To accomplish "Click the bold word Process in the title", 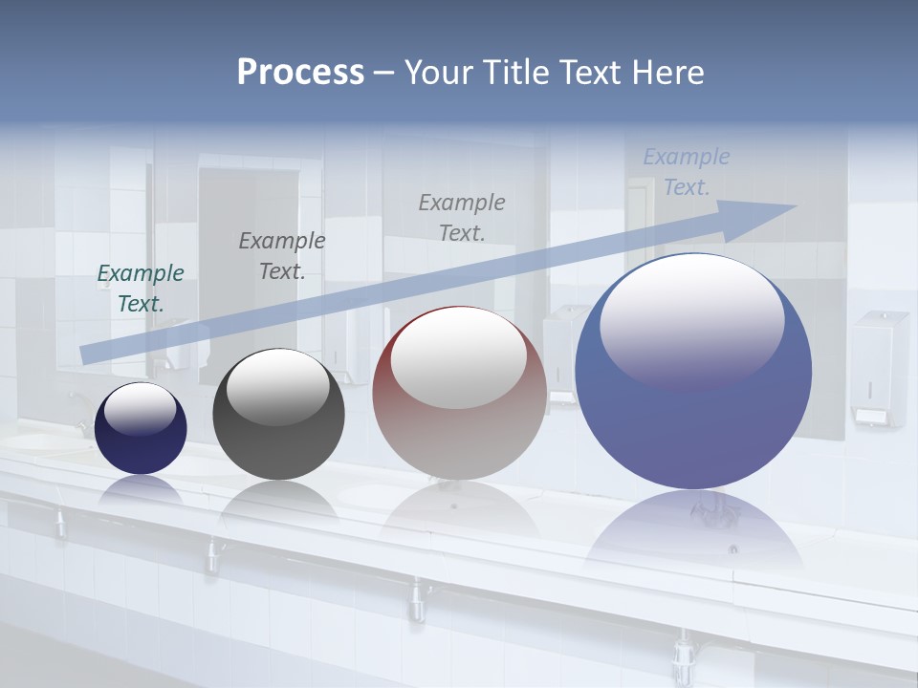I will pos(300,72).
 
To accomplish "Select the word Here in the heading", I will pos(667,72).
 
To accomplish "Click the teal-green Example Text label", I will pos(141,289).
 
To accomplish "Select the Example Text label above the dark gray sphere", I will pos(281,256).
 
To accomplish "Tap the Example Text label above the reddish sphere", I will pos(462,217).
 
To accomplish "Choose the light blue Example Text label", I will pos(686,172).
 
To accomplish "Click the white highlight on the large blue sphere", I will pos(691,320).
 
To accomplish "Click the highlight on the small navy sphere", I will pos(141,409).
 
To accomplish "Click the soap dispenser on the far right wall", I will pos(879,368).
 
